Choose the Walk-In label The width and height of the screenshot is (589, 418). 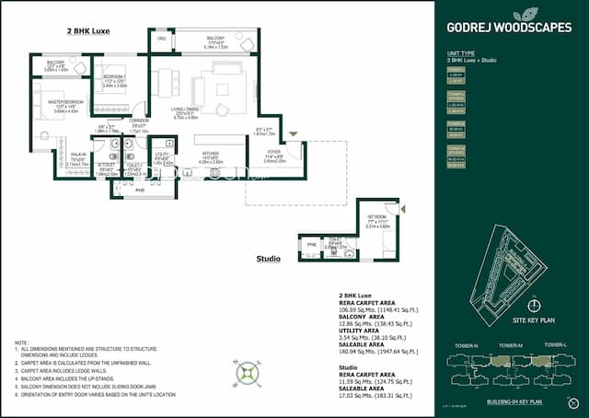click(78, 155)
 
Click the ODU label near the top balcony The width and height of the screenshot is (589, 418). click(161, 39)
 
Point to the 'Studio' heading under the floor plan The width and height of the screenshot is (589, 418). click(268, 259)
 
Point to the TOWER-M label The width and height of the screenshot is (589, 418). click(511, 345)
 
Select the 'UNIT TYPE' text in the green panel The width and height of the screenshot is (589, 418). click(461, 53)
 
